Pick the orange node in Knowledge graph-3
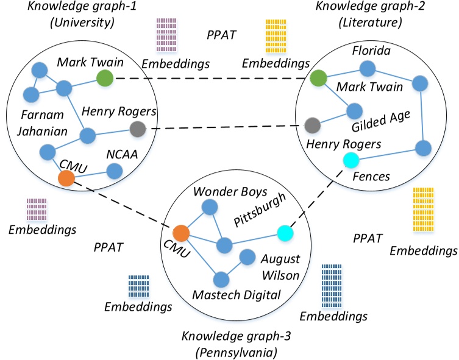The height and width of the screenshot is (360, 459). pos(180,233)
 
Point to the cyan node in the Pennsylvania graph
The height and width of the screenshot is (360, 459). pos(285,233)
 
